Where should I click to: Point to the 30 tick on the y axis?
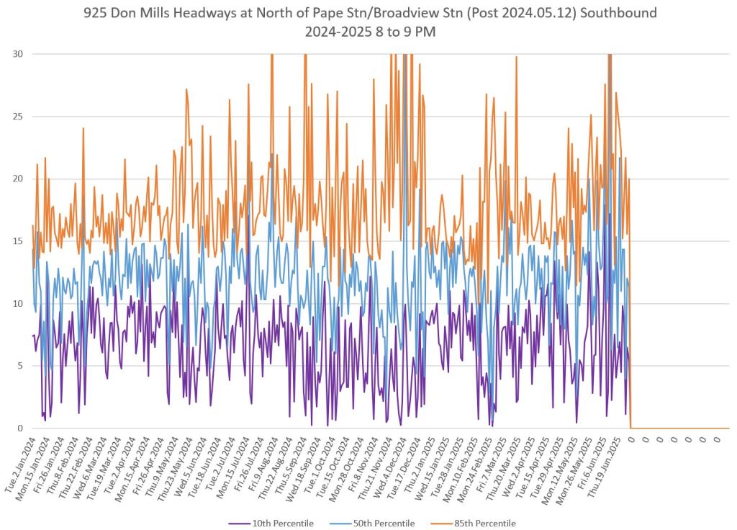pyautogui.click(x=15, y=54)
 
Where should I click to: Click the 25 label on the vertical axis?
pyautogui.click(x=15, y=116)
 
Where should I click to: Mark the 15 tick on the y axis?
pyautogui.click(x=15, y=241)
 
